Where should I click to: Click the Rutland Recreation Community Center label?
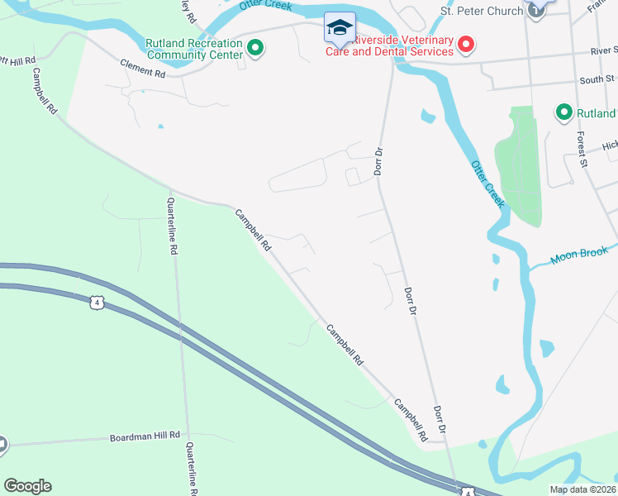coord(194,49)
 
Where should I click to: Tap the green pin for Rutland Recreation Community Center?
coord(255,49)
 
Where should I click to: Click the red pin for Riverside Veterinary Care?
coord(467,43)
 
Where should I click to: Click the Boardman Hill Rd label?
coord(145,436)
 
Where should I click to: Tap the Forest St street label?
coord(582,149)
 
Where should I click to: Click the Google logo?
coord(27,486)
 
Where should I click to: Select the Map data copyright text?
coord(582,489)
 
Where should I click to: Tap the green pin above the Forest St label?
coord(564,112)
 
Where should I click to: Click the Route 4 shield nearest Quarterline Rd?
coord(97,303)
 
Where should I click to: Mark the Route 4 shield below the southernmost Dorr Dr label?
coord(467,492)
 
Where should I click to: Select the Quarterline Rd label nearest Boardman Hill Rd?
coord(191,467)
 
